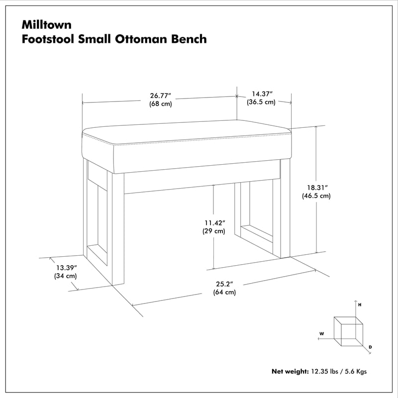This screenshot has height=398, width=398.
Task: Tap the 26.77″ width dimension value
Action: click(x=160, y=96)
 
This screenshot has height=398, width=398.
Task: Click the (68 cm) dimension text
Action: click(x=160, y=104)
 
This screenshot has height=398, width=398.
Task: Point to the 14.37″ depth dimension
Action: click(x=262, y=94)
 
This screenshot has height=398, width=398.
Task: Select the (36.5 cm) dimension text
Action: click(x=261, y=102)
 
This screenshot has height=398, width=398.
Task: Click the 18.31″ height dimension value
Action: click(x=316, y=188)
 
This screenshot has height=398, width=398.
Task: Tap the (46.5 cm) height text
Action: click(x=316, y=196)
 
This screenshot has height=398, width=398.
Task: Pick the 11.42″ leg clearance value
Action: click(x=213, y=223)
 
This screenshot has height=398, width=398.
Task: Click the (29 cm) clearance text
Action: click(x=213, y=231)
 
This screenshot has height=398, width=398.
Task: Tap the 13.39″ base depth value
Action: click(x=65, y=267)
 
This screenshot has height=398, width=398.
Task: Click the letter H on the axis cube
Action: click(x=359, y=303)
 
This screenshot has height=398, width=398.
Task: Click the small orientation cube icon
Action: click(x=348, y=331)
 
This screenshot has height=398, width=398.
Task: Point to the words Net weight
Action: click(x=290, y=371)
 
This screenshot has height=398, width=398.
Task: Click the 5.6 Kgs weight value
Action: click(x=356, y=371)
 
